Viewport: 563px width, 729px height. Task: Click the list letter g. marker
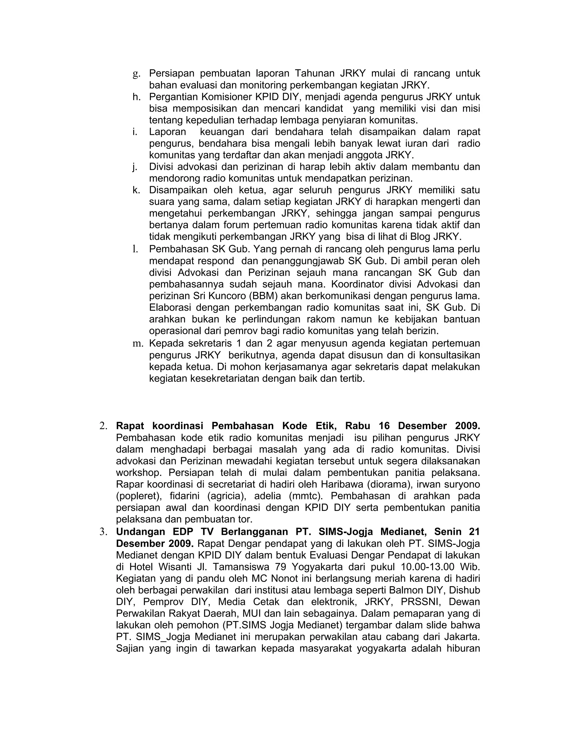(x=136, y=74)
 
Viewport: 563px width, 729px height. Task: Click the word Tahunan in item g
(x=314, y=73)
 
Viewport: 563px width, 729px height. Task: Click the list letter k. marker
(x=136, y=190)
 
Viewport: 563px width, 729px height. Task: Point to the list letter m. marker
(x=137, y=344)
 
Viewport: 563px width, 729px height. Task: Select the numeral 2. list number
(x=103, y=426)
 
